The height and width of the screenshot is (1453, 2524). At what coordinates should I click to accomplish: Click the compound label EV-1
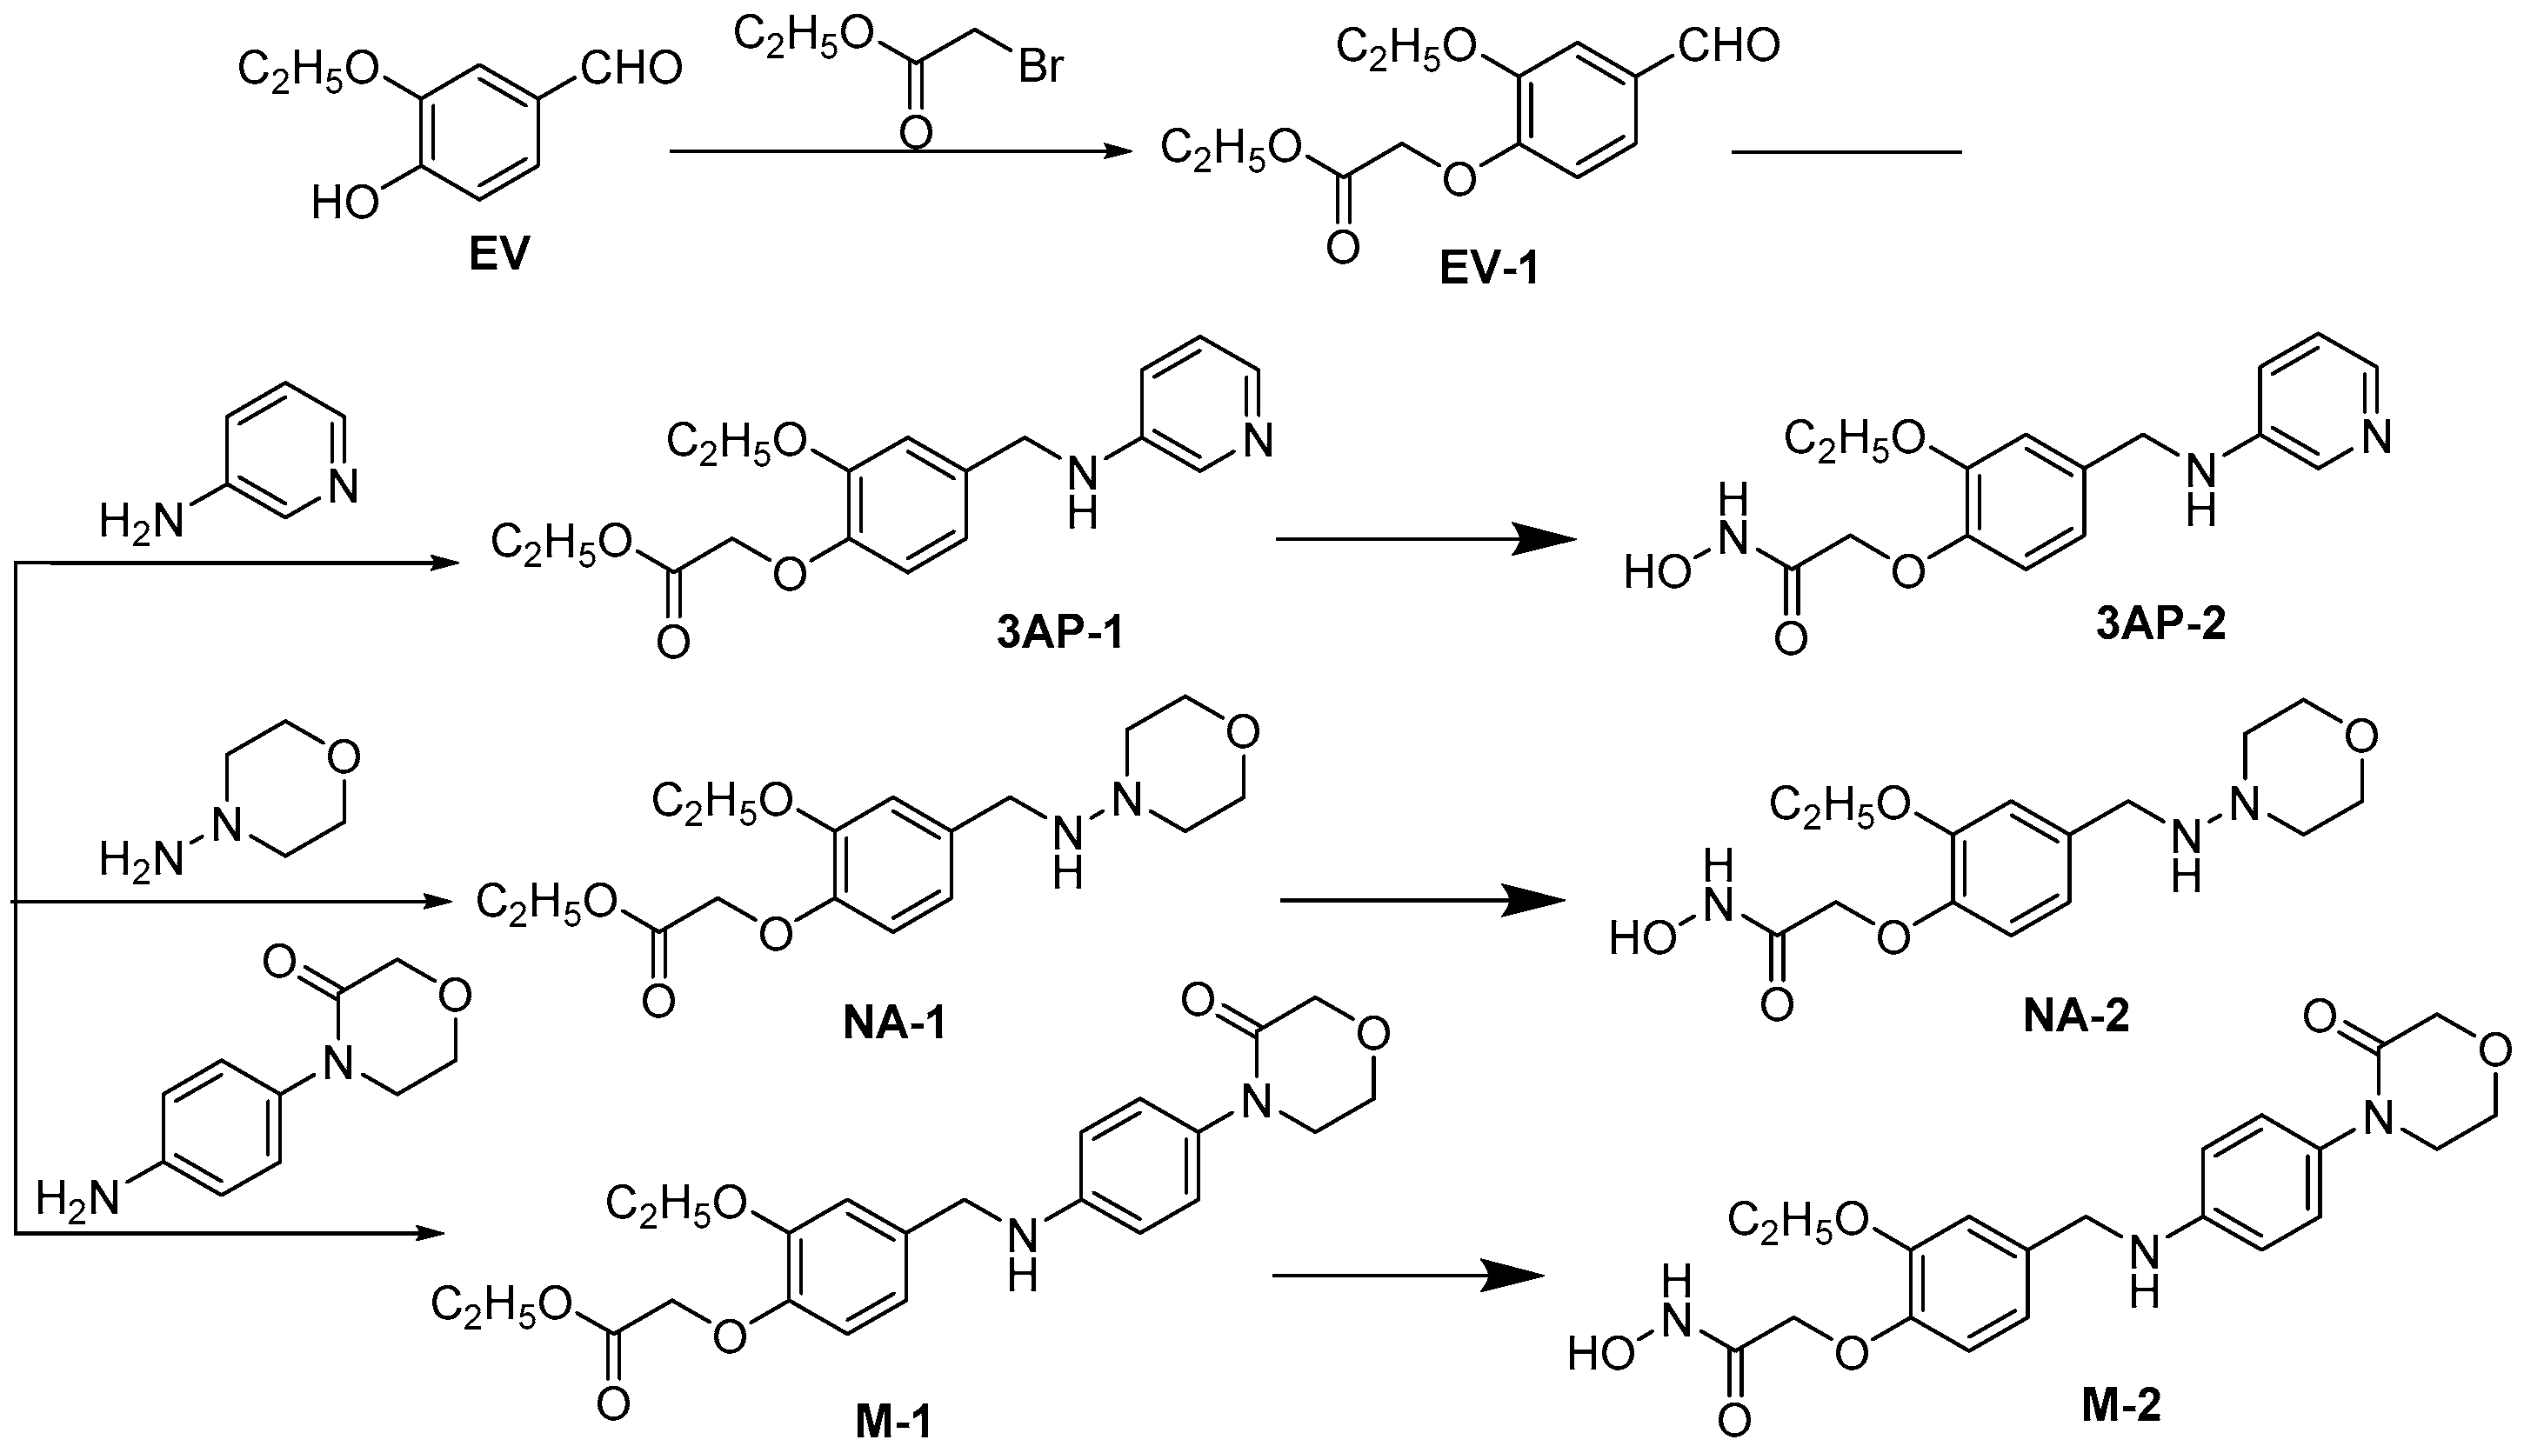[x=1488, y=269]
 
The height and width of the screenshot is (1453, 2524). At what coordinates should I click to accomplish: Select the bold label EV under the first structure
[x=498, y=256]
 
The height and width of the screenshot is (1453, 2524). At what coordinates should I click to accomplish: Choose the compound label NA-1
[x=893, y=1024]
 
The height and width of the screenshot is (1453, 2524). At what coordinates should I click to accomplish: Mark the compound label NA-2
[x=2076, y=1016]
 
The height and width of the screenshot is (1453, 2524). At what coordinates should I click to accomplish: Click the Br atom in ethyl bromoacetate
[x=1042, y=67]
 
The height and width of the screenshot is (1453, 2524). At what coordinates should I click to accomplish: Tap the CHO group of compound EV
[x=631, y=69]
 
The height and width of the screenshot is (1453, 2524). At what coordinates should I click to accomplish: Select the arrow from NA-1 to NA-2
[x=1422, y=901]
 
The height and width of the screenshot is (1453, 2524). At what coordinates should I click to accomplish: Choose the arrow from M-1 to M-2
[x=1407, y=1276]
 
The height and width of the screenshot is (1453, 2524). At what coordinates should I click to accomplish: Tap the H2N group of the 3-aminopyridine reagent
[x=142, y=521]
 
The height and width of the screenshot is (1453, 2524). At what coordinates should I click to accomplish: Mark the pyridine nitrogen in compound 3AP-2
[x=2377, y=437]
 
